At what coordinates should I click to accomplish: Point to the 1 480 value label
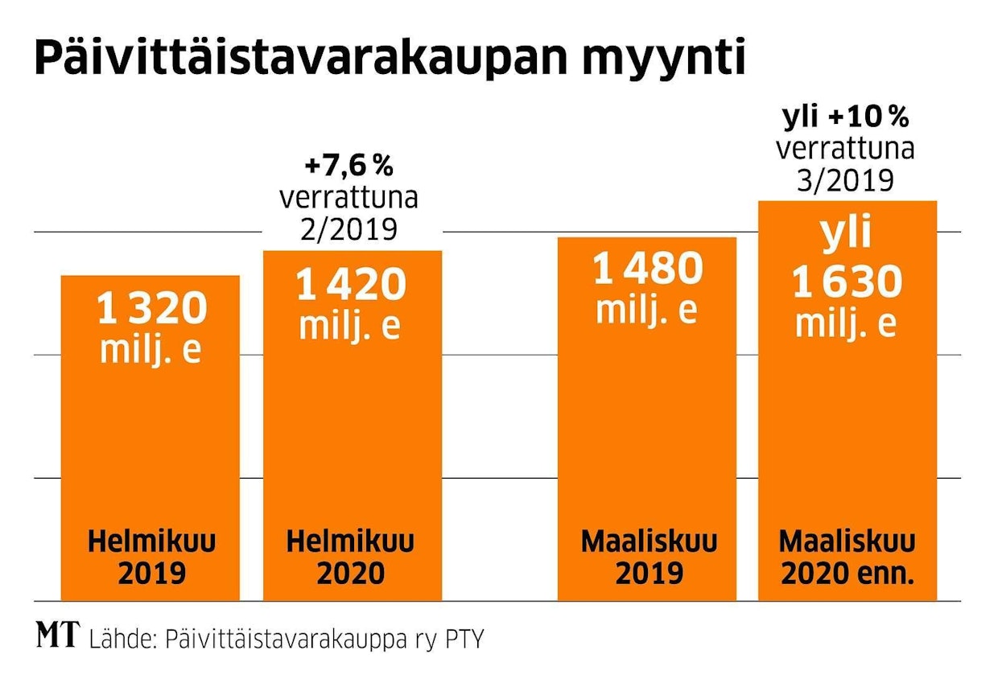647,269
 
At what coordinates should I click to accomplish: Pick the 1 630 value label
847,283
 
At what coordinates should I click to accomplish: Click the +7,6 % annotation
348,167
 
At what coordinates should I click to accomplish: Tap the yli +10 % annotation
846,119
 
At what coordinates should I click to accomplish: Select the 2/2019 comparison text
348,230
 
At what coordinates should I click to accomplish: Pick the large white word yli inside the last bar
846,235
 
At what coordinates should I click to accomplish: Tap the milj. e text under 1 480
647,311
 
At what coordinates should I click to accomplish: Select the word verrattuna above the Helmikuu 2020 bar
348,198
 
